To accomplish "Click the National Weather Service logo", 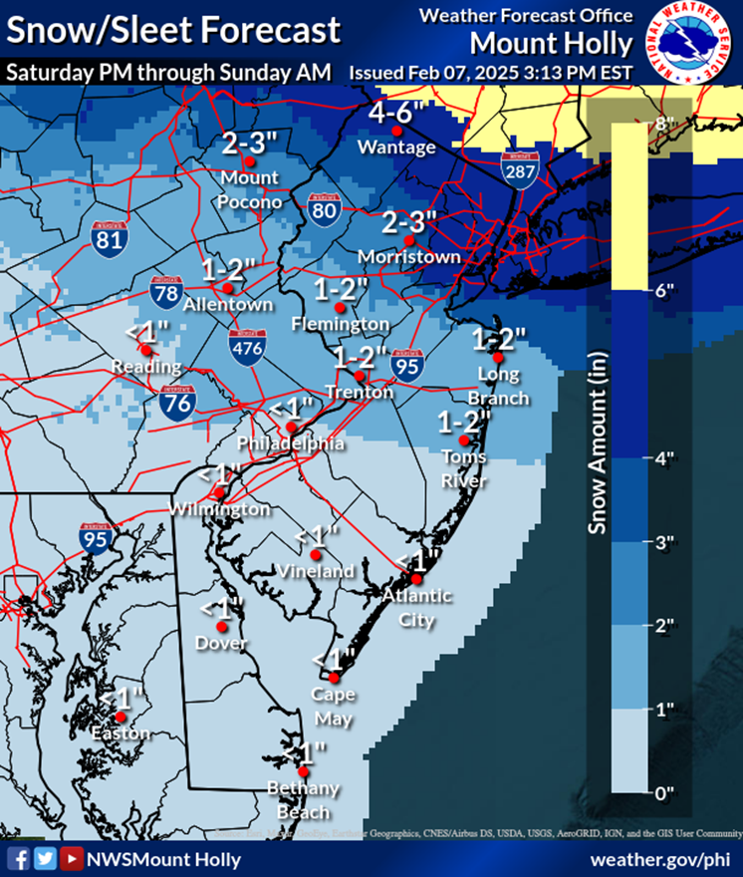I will pos(690,43).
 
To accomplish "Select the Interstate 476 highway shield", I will pos(248,345).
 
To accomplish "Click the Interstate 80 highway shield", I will pos(322,208).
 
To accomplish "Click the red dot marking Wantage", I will pos(397,131).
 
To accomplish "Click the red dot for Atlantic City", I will pos(417,579).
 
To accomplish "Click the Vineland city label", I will pos(317,571).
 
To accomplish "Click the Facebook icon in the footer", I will pos(18,858).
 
